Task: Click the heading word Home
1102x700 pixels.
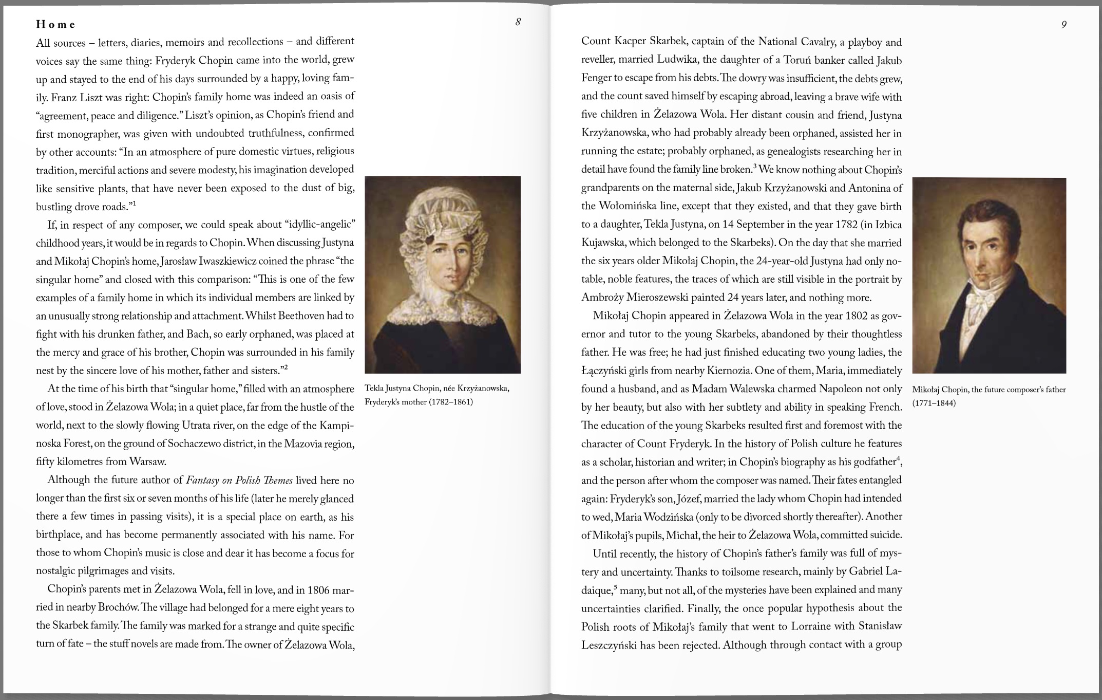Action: (x=55, y=24)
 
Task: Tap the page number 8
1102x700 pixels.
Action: (x=518, y=22)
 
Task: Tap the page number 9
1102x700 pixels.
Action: (x=1063, y=24)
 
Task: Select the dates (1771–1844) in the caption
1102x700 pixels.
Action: (x=934, y=403)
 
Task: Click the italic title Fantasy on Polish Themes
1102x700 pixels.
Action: (x=239, y=481)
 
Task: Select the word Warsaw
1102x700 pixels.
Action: (x=147, y=461)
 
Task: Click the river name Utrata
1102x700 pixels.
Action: (x=197, y=426)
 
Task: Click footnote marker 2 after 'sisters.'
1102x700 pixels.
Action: (x=286, y=367)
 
